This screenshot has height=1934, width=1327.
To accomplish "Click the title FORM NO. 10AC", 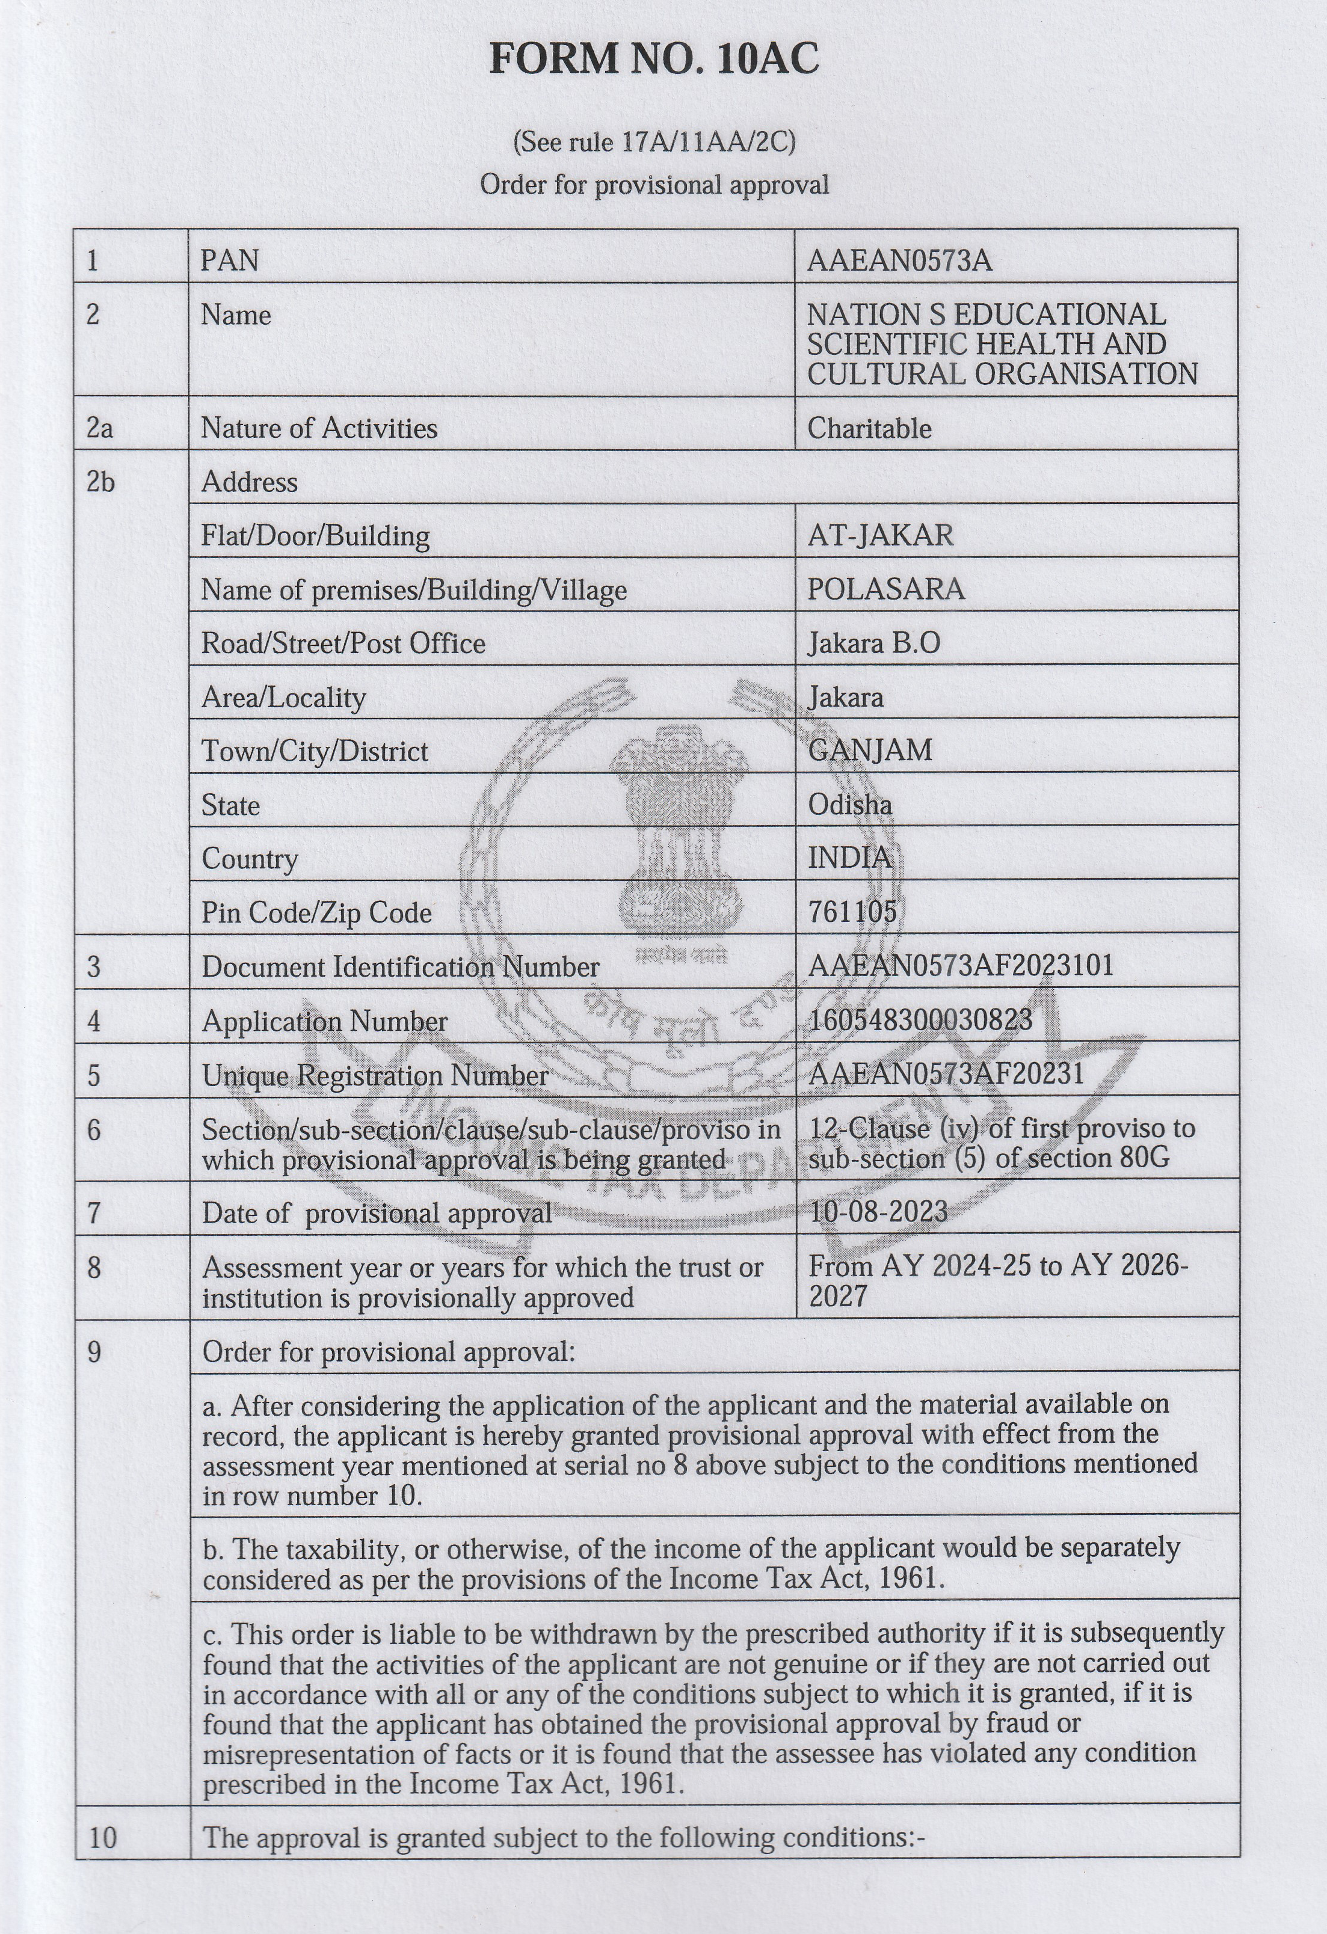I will pos(653,59).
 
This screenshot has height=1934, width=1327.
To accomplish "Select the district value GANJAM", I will pos(870,750).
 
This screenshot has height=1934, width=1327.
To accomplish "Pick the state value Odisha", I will pos(849,804).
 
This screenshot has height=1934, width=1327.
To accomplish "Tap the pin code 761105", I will pos(852,912).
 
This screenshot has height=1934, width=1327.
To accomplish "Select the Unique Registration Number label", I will pos(375,1075).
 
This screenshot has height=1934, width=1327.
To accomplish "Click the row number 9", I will pos(93,1351).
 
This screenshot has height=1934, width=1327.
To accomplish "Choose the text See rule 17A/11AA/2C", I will pos(653,143).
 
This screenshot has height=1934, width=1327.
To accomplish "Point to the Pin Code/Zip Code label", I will pos(316,913).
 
